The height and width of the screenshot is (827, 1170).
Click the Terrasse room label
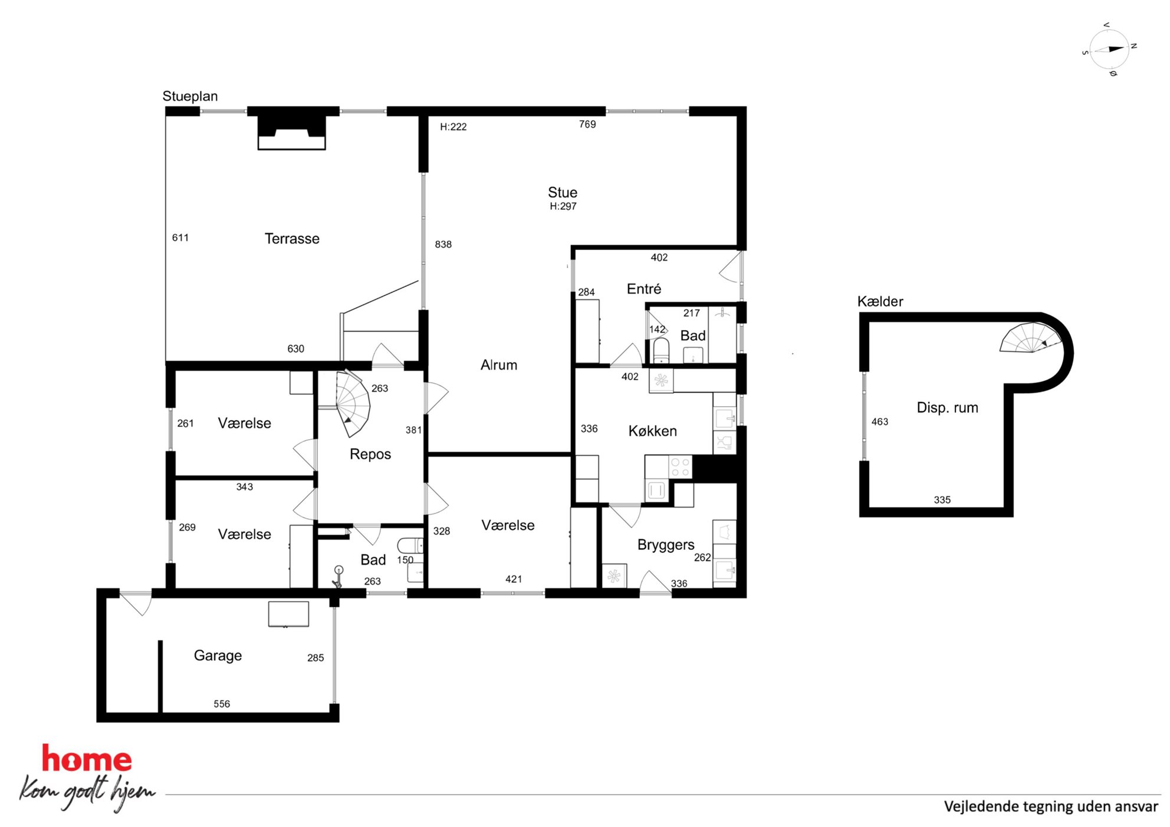[x=292, y=239]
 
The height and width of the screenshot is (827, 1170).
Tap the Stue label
[x=563, y=192]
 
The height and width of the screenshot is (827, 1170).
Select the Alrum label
[x=499, y=365]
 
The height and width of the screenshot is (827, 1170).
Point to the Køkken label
[x=652, y=431]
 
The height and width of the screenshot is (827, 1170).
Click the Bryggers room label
[x=666, y=545]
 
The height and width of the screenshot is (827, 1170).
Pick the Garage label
[x=218, y=656]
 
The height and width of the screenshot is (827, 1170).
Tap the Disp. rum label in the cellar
[x=947, y=408]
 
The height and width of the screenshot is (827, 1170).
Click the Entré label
[x=644, y=289]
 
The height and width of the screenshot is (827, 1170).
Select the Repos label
[x=370, y=454]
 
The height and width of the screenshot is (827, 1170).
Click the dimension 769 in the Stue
[x=587, y=124]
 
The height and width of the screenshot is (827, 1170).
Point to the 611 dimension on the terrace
[x=180, y=238]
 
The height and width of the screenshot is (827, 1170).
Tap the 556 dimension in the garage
[x=222, y=704]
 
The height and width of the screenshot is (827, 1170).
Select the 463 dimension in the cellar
[x=880, y=422]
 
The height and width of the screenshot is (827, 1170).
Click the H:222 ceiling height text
[x=453, y=127]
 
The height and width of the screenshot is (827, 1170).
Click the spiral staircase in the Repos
[x=353, y=403]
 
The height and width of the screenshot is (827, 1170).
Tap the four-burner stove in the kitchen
[x=681, y=467]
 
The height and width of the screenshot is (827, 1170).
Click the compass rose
[x=1109, y=50]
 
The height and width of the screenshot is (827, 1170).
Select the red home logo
[x=87, y=759]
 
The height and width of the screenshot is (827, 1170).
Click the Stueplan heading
[x=190, y=97]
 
